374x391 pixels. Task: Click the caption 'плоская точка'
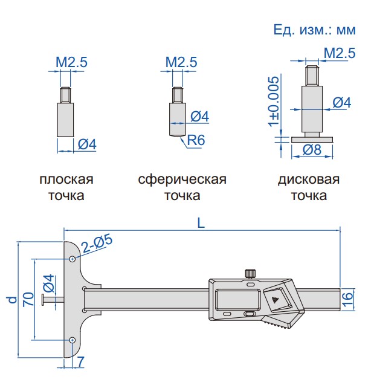(66, 187)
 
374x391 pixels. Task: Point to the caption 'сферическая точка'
(182, 187)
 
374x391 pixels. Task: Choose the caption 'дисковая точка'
(309, 187)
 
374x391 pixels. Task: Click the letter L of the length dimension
(202, 222)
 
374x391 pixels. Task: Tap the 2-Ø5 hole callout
(97, 242)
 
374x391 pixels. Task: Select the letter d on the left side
(10, 299)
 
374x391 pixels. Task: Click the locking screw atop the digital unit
(250, 273)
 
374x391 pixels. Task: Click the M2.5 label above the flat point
(72, 62)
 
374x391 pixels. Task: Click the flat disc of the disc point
(312, 138)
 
